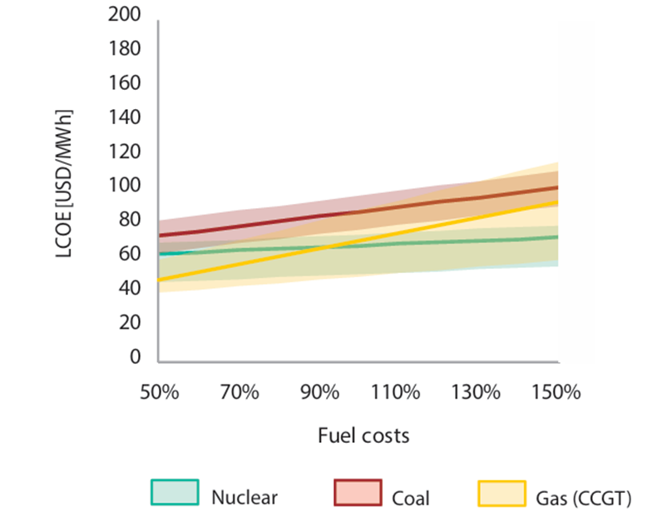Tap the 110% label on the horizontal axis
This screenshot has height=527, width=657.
(x=396, y=392)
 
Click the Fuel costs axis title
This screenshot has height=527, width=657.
(x=363, y=435)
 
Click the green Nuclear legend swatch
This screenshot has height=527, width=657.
(x=175, y=492)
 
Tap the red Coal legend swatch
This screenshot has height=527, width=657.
(x=357, y=492)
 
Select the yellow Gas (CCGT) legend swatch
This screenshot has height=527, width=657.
(x=501, y=492)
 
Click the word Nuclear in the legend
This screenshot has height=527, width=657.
(x=245, y=498)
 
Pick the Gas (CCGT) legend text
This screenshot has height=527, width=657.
(x=585, y=498)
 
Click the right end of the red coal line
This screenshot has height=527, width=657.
(x=557, y=187)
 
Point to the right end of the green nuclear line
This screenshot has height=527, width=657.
(x=557, y=236)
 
